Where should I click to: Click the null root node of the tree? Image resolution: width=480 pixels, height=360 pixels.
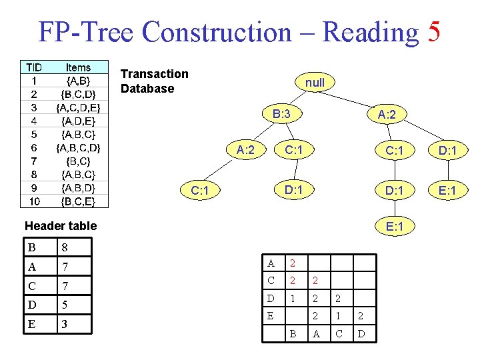pyautogui.click(x=315, y=83)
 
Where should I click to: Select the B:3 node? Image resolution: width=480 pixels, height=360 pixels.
pyautogui.click(x=281, y=114)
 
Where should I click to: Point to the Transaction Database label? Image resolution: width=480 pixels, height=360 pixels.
pyautogui.click(x=155, y=81)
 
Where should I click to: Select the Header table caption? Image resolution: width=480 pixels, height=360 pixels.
pyautogui.click(x=61, y=226)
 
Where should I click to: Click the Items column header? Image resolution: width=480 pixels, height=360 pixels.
pyautogui.click(x=79, y=67)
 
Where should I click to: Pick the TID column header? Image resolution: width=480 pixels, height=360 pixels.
pyautogui.click(x=33, y=67)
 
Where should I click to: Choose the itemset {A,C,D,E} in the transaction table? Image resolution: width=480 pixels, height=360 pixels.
pyautogui.click(x=79, y=107)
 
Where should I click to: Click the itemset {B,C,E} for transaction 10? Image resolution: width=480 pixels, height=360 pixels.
pyautogui.click(x=79, y=201)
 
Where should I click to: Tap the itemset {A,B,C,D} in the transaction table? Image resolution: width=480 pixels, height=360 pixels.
pyautogui.click(x=79, y=147)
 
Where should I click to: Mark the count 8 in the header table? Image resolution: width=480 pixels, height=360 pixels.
pyautogui.click(x=65, y=248)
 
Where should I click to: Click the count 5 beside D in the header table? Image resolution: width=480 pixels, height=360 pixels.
pyautogui.click(x=65, y=305)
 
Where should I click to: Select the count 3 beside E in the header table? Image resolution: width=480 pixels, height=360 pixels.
pyautogui.click(x=65, y=325)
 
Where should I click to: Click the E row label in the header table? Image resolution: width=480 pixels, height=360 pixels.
pyautogui.click(x=32, y=325)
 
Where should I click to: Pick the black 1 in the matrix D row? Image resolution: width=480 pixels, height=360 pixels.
pyautogui.click(x=292, y=297)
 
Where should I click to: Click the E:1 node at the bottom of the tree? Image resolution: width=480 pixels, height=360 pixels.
pyautogui.click(x=394, y=227)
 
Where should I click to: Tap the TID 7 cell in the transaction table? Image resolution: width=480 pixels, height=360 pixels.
pyautogui.click(x=33, y=161)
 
